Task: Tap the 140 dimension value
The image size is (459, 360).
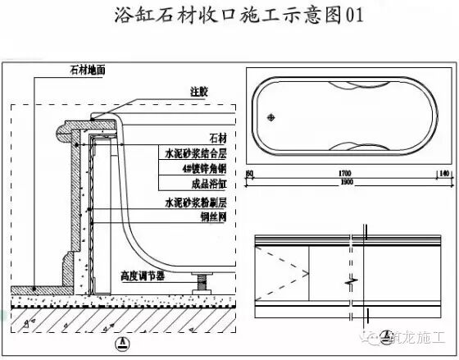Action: coord(443,174)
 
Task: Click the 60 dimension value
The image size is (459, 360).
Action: coord(250,174)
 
